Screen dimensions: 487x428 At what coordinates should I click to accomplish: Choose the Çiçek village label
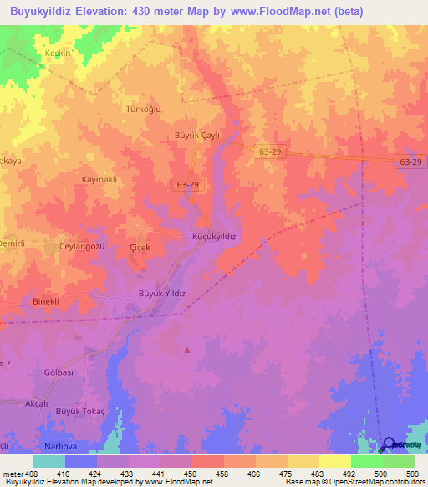tap(139, 248)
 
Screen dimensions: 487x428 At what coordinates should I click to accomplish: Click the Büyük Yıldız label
tap(160, 293)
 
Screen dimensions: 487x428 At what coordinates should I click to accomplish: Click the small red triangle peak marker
tap(187, 350)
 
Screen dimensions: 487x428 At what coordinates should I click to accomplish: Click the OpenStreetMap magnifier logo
tap(387, 445)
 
